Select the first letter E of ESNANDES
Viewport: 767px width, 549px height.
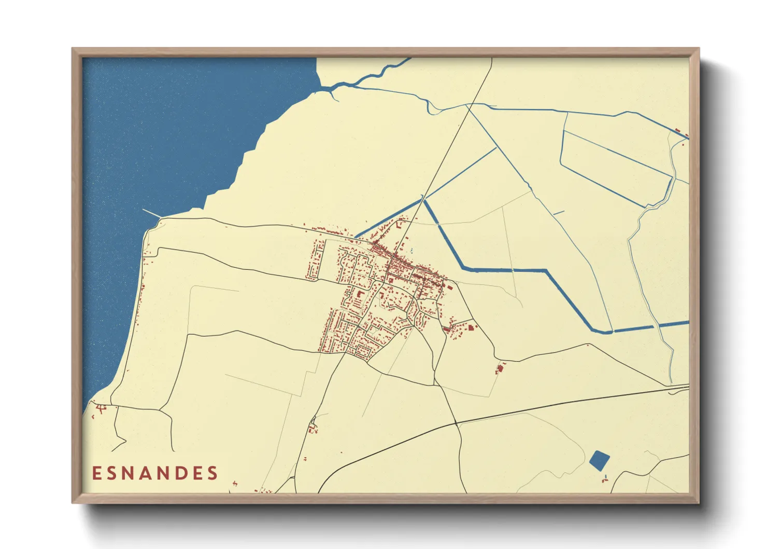click(96, 473)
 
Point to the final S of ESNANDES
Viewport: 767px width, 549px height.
click(212, 473)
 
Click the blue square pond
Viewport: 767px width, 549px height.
click(600, 460)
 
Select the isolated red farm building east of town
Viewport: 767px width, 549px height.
click(500, 369)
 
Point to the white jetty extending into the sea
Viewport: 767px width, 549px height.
click(151, 213)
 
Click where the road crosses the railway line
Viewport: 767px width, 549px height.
click(456, 423)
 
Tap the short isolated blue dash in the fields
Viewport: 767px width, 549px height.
click(558, 213)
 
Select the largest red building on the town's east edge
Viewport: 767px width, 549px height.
click(471, 327)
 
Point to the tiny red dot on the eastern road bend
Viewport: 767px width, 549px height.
click(588, 345)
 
